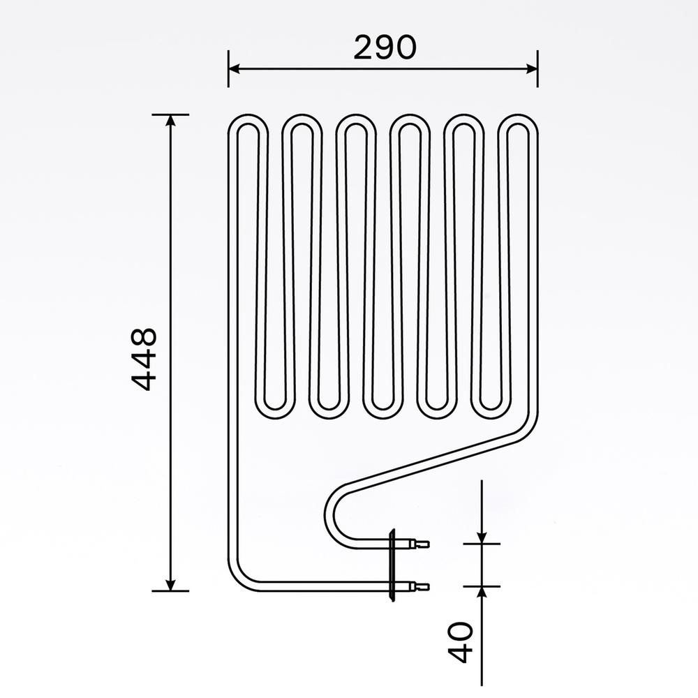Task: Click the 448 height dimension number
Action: click(x=144, y=359)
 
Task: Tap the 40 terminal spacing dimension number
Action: click(x=461, y=642)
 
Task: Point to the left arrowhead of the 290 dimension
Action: click(x=235, y=68)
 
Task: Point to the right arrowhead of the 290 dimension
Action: click(x=532, y=68)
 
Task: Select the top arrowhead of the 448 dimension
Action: click(x=170, y=121)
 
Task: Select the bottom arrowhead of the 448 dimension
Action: click(x=170, y=584)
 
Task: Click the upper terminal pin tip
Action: click(x=425, y=543)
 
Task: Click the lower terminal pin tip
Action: click(x=425, y=586)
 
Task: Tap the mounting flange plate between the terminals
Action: click(x=392, y=565)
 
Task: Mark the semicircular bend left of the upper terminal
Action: click(x=329, y=514)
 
